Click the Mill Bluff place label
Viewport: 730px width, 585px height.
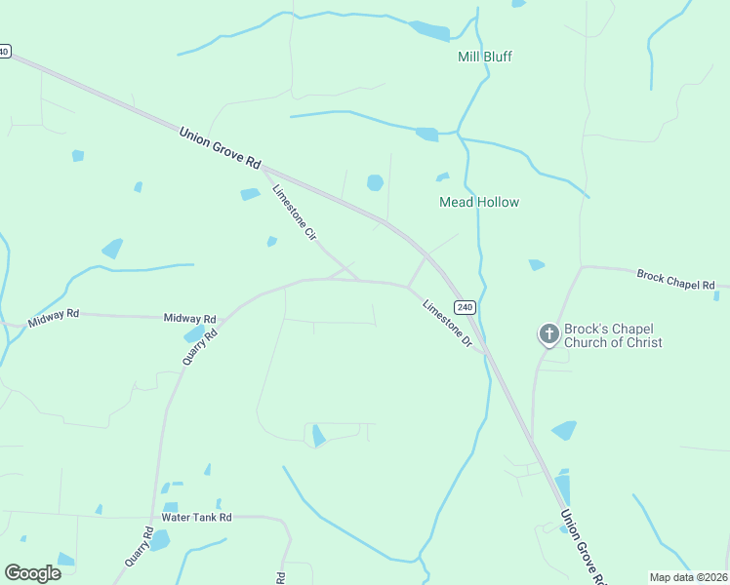(x=484, y=57)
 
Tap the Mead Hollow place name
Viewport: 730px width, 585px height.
(x=479, y=202)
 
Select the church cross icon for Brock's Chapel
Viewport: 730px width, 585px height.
(x=548, y=334)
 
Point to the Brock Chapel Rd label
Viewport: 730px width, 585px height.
(x=675, y=278)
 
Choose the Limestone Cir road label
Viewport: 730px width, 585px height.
(x=296, y=213)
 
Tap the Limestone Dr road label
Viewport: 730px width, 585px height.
(x=448, y=324)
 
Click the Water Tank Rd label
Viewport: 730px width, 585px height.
(x=196, y=517)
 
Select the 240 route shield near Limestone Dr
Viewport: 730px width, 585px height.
(x=466, y=307)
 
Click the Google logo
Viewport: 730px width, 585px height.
(x=32, y=573)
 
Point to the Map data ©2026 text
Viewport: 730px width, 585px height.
(x=688, y=577)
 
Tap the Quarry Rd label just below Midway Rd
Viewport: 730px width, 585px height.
(x=198, y=347)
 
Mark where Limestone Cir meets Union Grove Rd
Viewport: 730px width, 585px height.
(x=265, y=173)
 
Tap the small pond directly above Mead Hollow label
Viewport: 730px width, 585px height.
(x=442, y=177)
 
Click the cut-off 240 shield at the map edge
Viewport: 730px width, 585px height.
(x=4, y=51)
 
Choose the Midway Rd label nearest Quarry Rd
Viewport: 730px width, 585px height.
(x=189, y=319)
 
